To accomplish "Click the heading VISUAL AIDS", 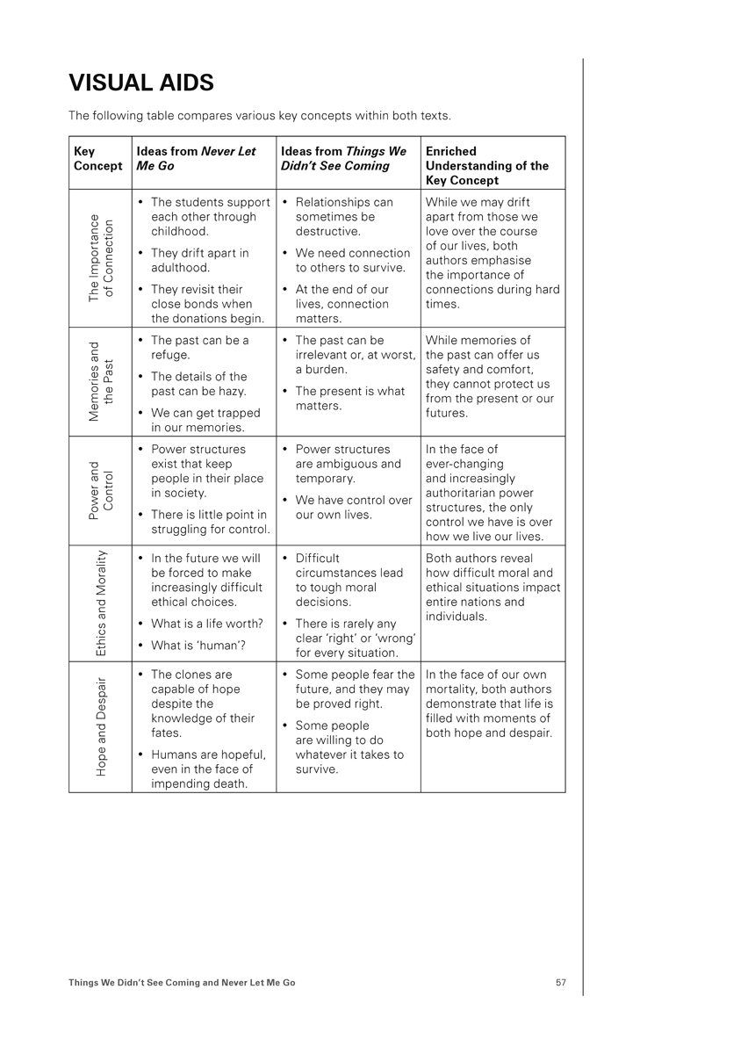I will pos(141,83).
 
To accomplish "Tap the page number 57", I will pos(560,983).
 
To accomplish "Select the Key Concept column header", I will pos(98,159).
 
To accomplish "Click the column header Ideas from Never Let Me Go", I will pos(196,158).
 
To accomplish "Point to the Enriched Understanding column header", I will pos(487,165).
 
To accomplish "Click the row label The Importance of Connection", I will pos(101,258).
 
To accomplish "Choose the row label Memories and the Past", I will pos(101,382).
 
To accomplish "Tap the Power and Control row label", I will pos(101,491).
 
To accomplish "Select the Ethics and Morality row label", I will pos(101,603).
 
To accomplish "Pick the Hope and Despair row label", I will pos(101,726).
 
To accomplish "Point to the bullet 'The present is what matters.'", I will pos(349,399).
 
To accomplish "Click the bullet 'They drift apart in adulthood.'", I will pos(199,260).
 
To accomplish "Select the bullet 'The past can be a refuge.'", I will pos(199,348).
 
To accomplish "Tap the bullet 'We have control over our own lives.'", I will pos(353,508).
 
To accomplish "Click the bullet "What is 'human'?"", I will pos(198,646).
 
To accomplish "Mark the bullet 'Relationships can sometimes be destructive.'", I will pos(344,217).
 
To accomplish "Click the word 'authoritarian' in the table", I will pos(466,493).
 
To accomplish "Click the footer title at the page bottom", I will pos(182,983).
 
